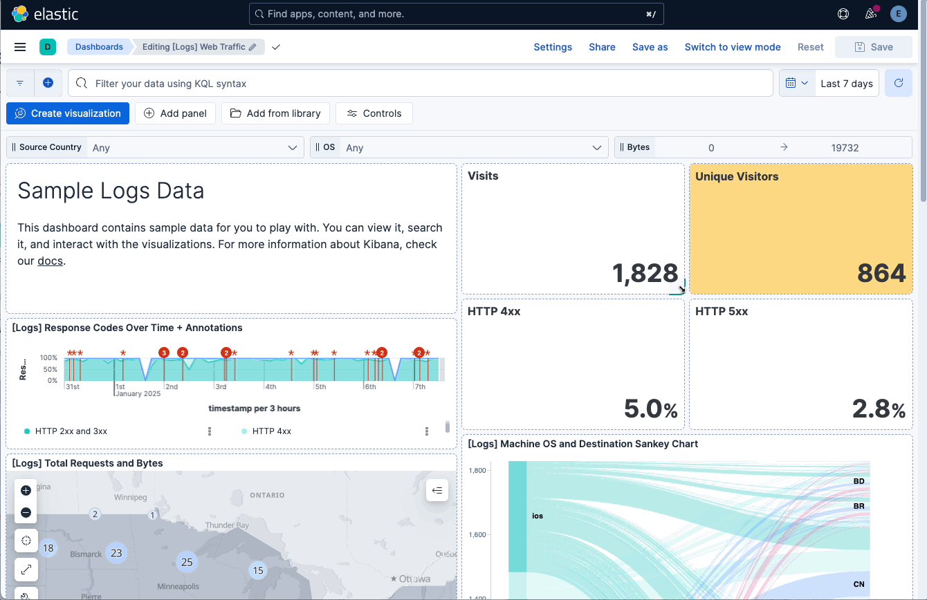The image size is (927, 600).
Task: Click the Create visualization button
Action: [x=68, y=113]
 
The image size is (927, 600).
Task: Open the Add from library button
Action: [x=275, y=113]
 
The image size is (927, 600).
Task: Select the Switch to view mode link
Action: [x=732, y=47]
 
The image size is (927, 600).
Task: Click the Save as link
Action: [x=650, y=47]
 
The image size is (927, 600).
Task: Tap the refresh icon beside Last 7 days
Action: [x=898, y=83]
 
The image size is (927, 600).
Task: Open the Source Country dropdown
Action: [x=194, y=147]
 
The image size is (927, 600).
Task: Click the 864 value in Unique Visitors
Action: [x=881, y=274]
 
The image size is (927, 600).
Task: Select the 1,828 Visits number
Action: [x=645, y=274]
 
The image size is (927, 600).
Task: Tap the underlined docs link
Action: [x=50, y=261]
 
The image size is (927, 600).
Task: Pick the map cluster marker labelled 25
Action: [x=186, y=562]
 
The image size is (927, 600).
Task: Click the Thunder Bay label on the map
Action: [x=227, y=525]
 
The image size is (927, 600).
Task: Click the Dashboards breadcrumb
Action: [x=99, y=47]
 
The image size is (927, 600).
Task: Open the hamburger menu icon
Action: [x=20, y=47]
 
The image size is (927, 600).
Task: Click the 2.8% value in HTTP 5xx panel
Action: [x=878, y=409]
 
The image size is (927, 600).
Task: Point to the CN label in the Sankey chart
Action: [x=859, y=584]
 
